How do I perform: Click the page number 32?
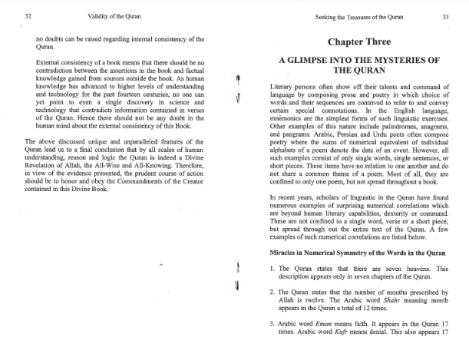click(x=28, y=15)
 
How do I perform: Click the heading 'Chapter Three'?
click(x=358, y=40)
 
